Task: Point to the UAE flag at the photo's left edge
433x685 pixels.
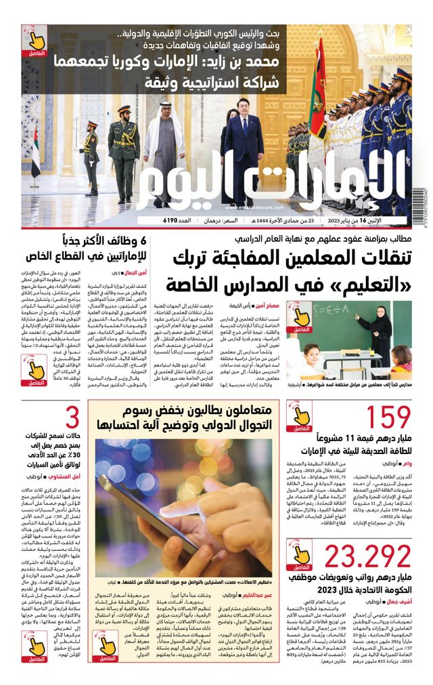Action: tap(35, 152)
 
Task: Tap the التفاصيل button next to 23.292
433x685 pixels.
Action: tap(299, 555)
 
